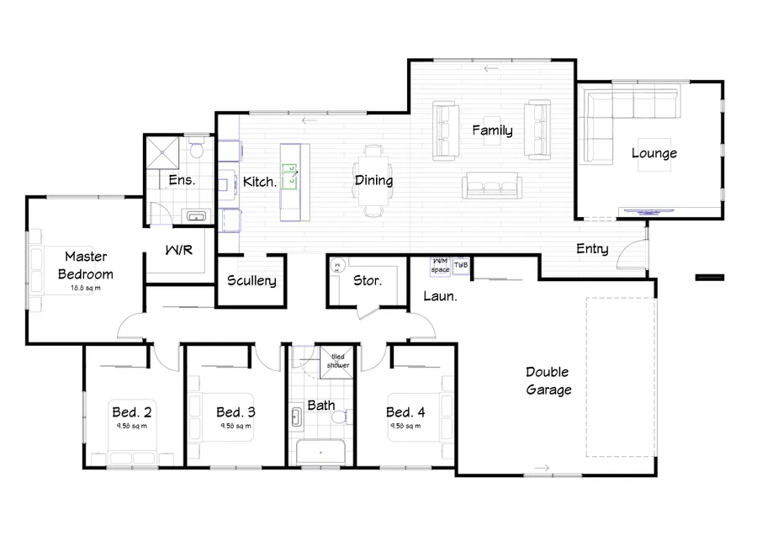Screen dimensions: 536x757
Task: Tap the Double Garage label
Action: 548,381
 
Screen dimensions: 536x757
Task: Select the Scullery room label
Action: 251,281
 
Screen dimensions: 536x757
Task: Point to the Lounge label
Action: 654,153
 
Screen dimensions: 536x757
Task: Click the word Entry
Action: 592,249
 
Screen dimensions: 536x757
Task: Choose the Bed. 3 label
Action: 235,412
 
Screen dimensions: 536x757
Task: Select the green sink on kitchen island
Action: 289,177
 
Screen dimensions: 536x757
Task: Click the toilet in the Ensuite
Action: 195,150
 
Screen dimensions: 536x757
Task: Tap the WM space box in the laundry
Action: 441,267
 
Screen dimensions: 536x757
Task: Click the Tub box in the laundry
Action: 461,266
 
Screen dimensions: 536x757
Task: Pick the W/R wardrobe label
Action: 180,249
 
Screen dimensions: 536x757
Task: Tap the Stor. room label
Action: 368,280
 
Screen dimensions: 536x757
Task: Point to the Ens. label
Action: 183,180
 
